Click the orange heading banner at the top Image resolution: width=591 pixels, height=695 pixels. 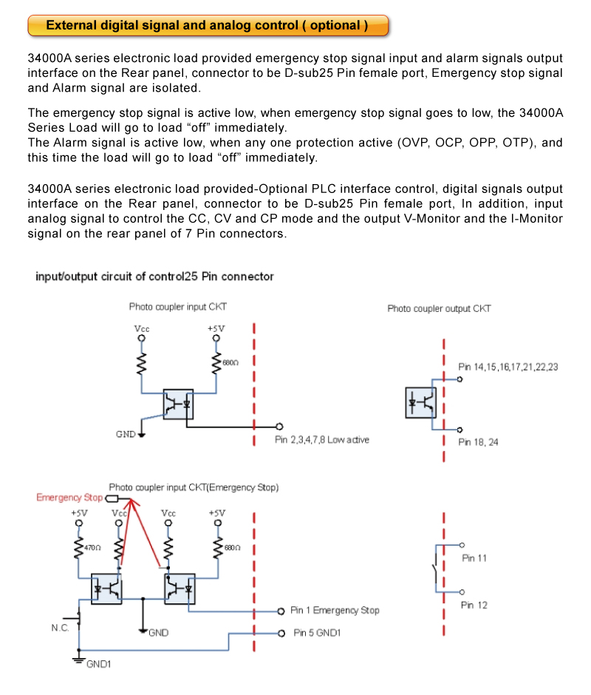[208, 25]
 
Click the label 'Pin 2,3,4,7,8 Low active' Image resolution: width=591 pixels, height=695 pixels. [322, 440]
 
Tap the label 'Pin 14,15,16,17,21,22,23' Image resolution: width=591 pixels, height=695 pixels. [508, 367]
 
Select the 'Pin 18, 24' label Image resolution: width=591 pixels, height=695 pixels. [478, 442]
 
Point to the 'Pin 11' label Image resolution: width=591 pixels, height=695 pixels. [474, 558]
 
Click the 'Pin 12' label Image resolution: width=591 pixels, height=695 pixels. [474, 606]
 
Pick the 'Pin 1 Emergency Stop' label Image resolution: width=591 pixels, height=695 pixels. [335, 611]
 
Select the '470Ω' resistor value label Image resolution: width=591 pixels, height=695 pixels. [92, 548]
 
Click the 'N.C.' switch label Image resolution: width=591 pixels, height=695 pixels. [61, 627]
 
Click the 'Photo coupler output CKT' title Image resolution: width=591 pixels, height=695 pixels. [439, 308]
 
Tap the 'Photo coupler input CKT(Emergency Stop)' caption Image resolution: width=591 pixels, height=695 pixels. [194, 488]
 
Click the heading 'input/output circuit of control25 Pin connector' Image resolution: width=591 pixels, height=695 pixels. [154, 277]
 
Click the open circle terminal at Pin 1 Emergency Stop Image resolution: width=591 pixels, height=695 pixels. [281, 611]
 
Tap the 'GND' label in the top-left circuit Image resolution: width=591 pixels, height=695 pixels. [126, 434]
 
